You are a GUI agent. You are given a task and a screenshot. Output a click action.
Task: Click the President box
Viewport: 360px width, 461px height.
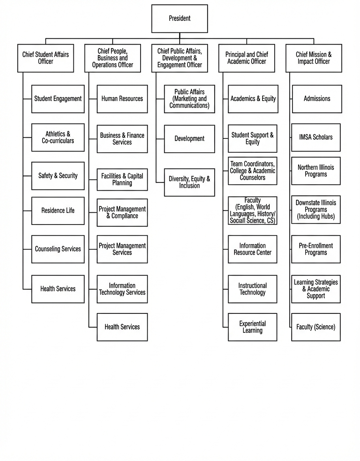coord(180,19)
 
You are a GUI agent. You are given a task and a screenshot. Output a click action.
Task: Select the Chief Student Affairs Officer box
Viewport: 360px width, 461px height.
coord(45,58)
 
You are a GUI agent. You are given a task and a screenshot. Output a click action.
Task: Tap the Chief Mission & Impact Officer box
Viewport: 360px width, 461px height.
coord(314,58)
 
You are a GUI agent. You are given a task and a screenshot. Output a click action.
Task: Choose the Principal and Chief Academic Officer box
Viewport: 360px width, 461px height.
coord(247,58)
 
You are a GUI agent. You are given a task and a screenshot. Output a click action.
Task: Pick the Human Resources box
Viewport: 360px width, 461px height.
coord(122,99)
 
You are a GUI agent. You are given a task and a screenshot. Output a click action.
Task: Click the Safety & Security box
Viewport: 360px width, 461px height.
coord(58,176)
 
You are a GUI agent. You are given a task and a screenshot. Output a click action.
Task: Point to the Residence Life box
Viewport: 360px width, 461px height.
coord(58,211)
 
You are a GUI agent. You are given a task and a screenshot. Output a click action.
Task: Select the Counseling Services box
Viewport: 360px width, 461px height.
coord(58,249)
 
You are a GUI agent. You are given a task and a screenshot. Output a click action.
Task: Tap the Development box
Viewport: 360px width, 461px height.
coord(189,139)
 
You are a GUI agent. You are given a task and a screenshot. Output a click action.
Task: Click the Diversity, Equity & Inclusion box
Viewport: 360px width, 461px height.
coord(189,182)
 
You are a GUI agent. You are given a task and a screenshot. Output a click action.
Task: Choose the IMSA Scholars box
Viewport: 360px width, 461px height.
coord(316,137)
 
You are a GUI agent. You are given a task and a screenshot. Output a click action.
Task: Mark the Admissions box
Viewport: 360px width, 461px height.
coord(317,99)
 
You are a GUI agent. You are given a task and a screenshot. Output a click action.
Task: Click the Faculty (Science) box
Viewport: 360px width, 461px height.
coord(316,327)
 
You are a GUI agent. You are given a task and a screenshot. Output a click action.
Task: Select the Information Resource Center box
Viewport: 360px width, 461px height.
coord(252,249)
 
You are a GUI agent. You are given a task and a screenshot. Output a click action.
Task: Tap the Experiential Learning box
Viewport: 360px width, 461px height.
coord(252,327)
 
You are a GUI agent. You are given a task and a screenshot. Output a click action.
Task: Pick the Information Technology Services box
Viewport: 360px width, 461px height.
coord(122,289)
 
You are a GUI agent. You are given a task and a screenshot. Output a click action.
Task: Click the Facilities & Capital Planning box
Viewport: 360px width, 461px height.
coord(122,180)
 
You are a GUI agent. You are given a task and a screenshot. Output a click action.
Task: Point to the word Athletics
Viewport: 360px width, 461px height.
coord(55,134)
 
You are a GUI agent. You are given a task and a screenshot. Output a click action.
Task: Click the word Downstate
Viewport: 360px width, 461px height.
coord(307,203)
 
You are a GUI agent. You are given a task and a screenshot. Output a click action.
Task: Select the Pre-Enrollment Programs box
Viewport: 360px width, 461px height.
coord(316,249)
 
